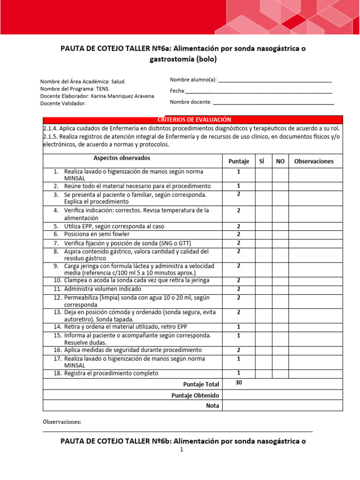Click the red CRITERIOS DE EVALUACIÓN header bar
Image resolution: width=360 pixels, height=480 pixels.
point(193,120)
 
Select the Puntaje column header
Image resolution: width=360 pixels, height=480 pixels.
point(239,161)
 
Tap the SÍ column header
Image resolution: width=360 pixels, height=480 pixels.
point(262,161)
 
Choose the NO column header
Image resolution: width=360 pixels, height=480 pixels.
point(280,161)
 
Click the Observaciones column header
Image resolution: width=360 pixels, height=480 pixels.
point(314,161)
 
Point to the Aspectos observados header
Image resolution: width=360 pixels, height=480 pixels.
point(122,158)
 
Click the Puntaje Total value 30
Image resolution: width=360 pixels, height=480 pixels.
point(239,383)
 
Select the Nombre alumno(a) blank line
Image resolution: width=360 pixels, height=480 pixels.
point(275,81)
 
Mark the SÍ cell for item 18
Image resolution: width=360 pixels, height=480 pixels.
point(263,373)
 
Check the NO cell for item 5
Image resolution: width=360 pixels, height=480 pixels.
point(280,226)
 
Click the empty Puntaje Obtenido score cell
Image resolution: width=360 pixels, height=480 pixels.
point(239,396)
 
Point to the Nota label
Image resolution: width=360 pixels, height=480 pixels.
point(212,406)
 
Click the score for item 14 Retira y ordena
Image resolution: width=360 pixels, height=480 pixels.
point(239,327)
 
